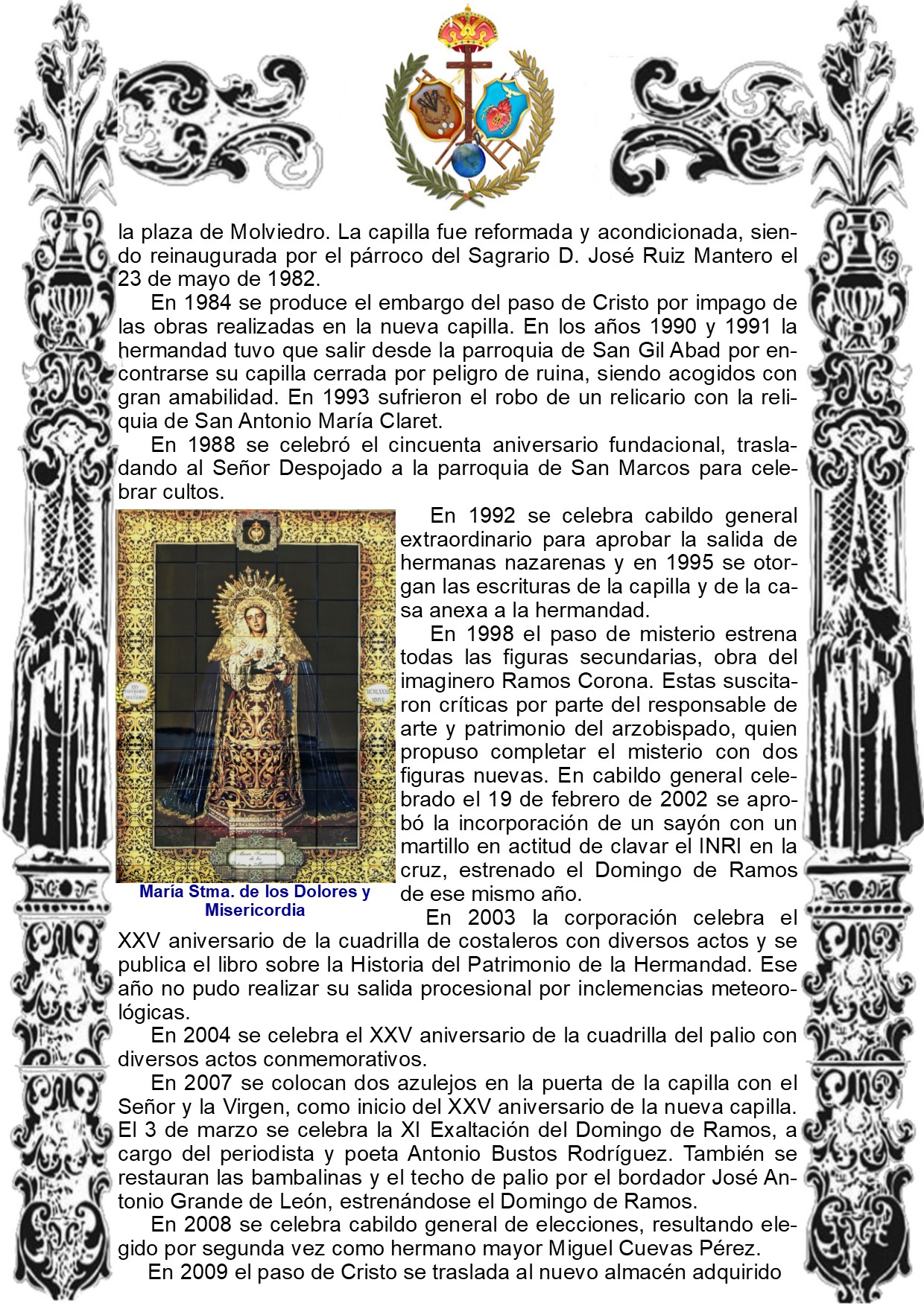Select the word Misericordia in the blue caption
255,910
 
